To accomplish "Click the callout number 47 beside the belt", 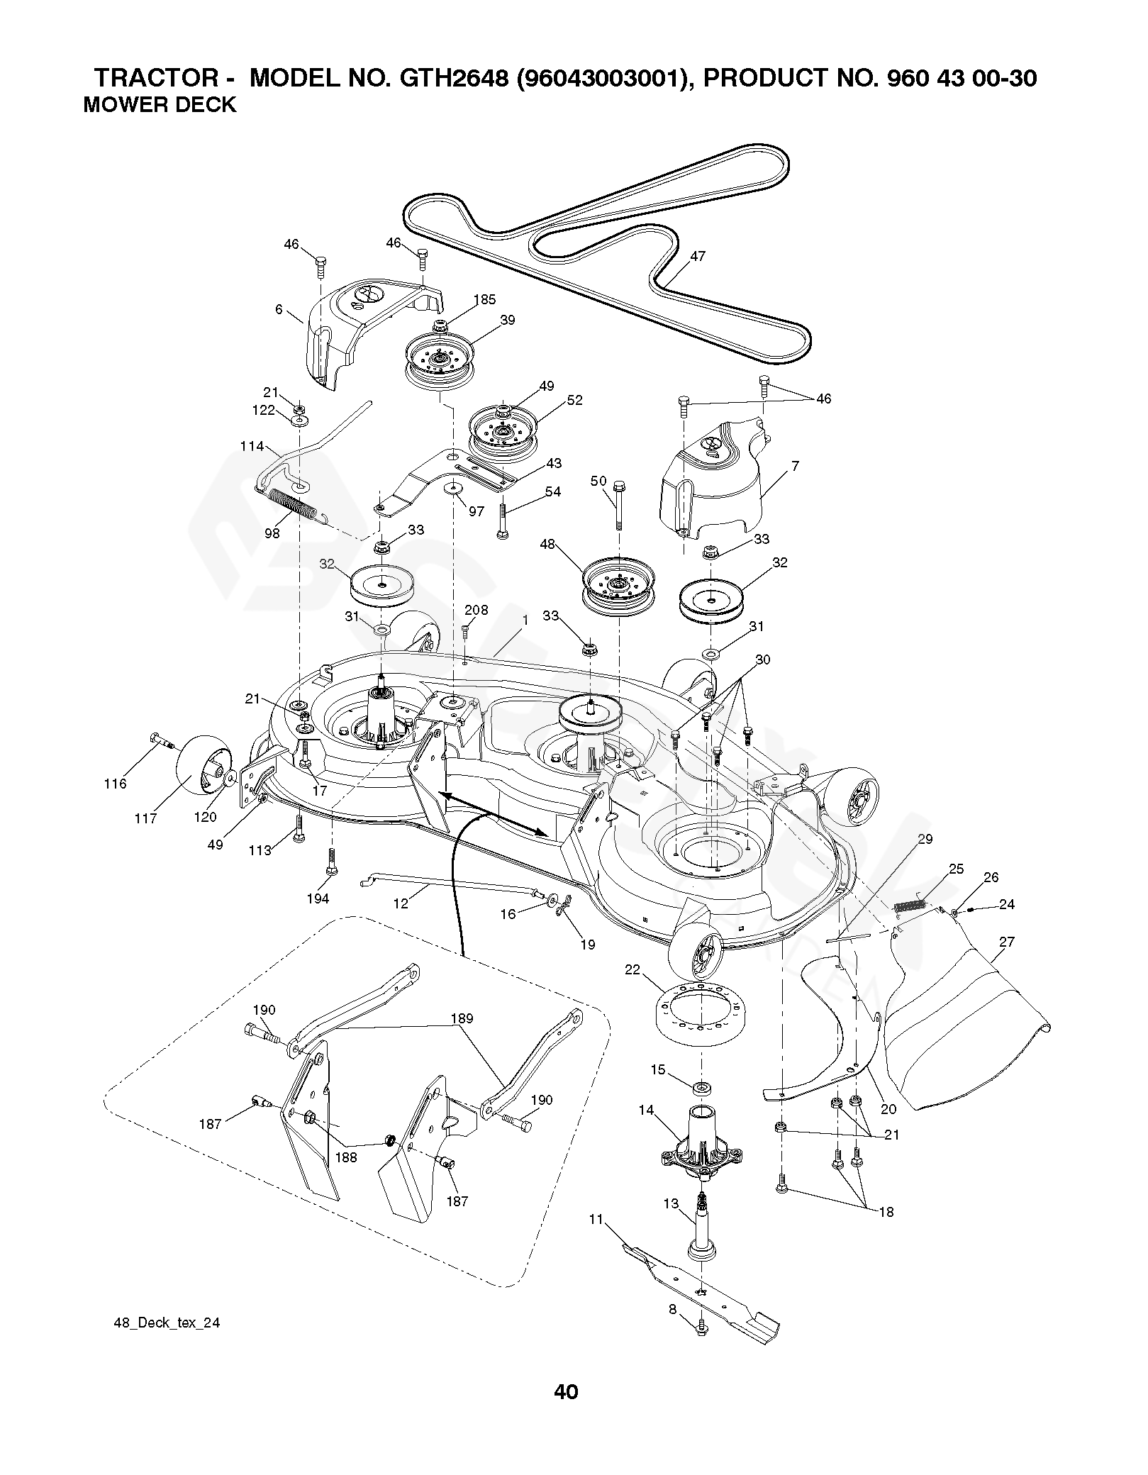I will pos(698,256).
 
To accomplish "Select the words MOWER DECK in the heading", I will pos(160,105).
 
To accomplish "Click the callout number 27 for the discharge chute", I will pos(1006,942).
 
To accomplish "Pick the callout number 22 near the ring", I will pos(632,969).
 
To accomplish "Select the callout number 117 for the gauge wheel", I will pos(146,818).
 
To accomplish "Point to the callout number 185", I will pos(485,299).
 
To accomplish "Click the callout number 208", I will pos(476,611).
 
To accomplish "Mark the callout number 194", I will pos(318,898).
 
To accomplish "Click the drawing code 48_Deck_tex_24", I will pos(167,1323).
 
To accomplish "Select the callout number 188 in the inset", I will pos(346,1157).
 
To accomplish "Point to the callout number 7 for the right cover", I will pos(795,466).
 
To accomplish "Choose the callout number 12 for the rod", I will pos(401,903).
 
